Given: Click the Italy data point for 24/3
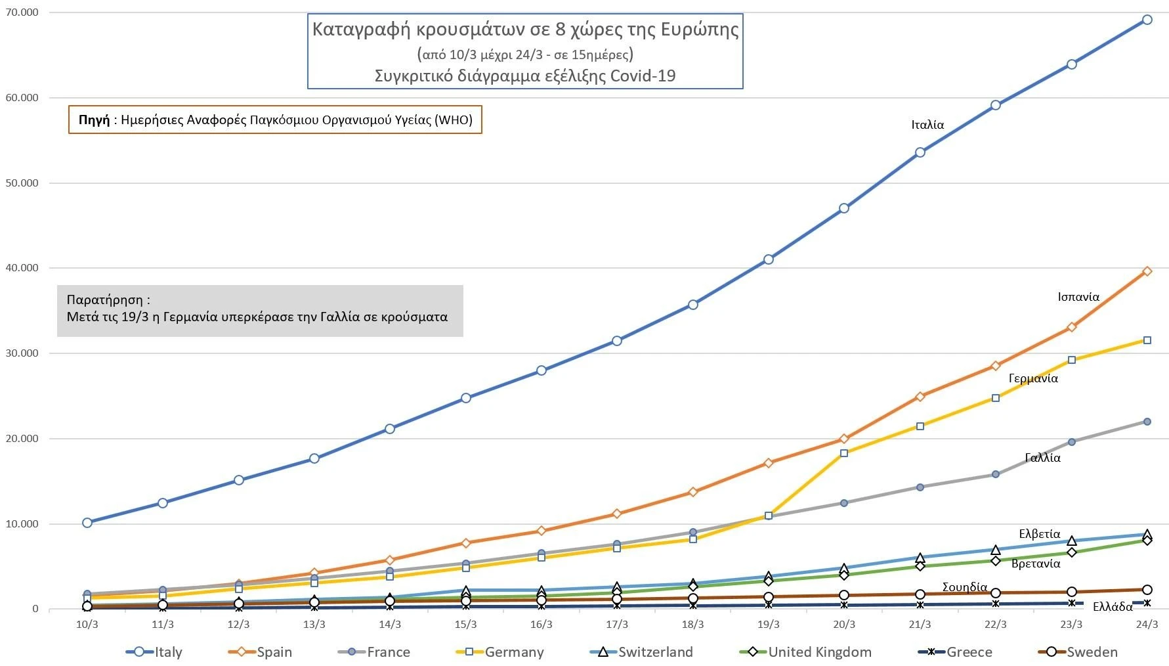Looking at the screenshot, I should click(x=1147, y=20).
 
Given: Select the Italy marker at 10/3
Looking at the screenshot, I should click(x=87, y=523).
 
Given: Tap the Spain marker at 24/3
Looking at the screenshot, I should click(x=1147, y=271).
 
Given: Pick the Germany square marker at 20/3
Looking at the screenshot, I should click(x=844, y=453).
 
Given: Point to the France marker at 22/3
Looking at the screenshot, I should click(x=995, y=474).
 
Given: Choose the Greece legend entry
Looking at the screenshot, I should click(x=956, y=652).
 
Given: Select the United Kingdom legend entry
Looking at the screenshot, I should click(x=806, y=652).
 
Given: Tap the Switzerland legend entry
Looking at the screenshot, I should click(x=642, y=652).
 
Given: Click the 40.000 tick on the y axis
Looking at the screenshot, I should click(x=22, y=268).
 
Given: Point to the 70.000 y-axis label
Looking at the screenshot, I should click(x=22, y=12).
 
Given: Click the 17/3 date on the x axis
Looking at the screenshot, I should click(x=617, y=625).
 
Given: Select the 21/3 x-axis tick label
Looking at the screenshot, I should click(x=920, y=625).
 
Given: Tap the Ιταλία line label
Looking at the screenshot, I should click(x=927, y=125).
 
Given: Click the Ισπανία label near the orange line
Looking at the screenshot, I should click(x=1078, y=297).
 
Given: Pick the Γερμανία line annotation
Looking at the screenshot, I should click(x=1033, y=378).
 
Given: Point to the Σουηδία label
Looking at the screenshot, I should click(x=965, y=587).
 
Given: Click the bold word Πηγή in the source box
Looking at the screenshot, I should click(x=94, y=120).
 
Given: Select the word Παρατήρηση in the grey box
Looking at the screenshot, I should click(x=105, y=300).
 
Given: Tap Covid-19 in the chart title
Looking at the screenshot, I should click(x=643, y=76).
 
